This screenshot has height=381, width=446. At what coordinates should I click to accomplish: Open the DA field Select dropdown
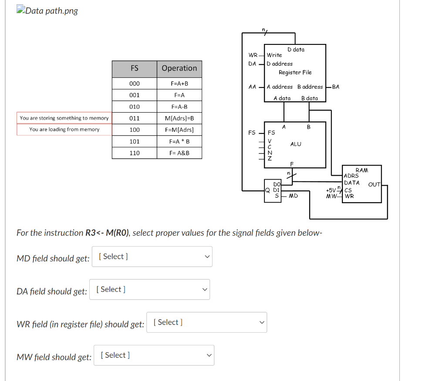pos(150,290)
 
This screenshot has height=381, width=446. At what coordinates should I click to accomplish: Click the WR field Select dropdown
pos(206,323)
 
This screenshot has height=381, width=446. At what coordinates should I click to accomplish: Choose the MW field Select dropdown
pos(153,355)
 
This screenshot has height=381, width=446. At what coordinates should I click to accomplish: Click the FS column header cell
pos(134,68)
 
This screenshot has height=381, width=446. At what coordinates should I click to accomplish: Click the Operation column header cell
pos(179,68)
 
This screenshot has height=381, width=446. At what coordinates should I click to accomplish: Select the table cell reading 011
pos(135,118)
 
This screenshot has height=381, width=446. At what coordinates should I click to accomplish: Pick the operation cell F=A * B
pos(179,141)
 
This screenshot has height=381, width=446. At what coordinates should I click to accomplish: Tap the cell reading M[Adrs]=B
pos(179,118)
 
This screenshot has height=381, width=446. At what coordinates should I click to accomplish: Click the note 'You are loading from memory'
pos(64,130)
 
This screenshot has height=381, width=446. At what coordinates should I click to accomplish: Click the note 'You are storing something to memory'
pos(64,118)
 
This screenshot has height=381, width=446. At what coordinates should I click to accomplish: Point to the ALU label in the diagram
pos(296,144)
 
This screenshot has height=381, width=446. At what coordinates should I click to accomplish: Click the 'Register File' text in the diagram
pos(295,72)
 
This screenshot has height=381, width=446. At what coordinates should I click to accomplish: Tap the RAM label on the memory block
pos(362,170)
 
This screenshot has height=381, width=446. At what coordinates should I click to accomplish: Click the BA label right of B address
pos(335,87)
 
